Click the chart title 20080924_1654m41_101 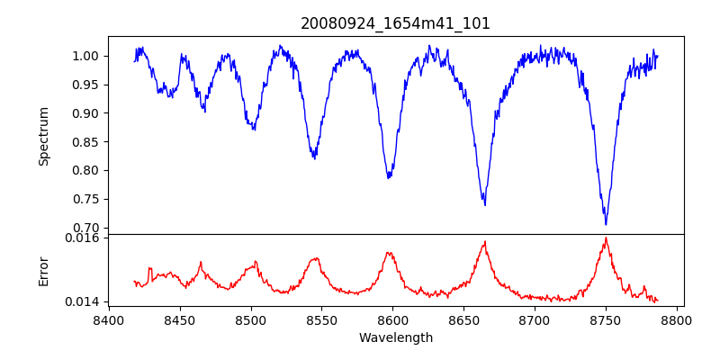(x=395, y=23)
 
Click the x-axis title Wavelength (x=395, y=337)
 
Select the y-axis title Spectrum (x=44, y=136)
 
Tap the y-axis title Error (x=44, y=270)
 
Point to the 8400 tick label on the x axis (x=109, y=319)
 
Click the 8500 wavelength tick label (x=251, y=319)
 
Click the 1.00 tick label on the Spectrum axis (x=88, y=56)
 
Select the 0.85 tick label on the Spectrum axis (x=88, y=142)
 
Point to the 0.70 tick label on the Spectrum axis (x=88, y=228)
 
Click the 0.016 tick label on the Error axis (x=85, y=238)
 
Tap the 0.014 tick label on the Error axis (x=85, y=301)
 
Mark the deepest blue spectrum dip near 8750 (x=606, y=224)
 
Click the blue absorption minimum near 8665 (x=485, y=204)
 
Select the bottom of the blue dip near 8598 (x=389, y=177)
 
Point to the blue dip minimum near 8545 (x=314, y=158)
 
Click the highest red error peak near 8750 (x=606, y=238)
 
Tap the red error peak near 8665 (x=485, y=241)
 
